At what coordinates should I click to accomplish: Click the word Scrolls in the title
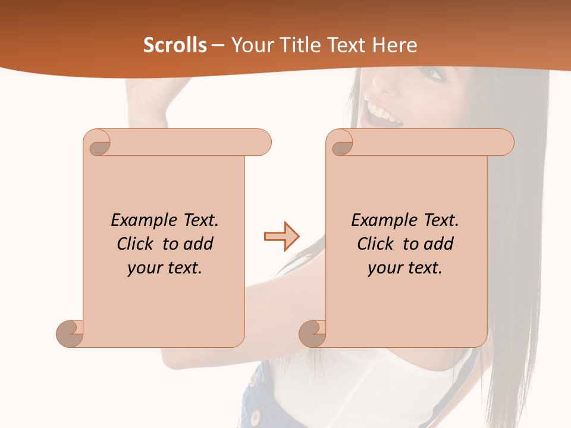click(175, 45)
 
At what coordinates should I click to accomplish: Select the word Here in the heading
click(395, 45)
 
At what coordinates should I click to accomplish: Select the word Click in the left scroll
click(137, 244)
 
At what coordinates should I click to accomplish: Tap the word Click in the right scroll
click(378, 244)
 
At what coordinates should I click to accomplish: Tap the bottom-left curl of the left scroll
click(70, 333)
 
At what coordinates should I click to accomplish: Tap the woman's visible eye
click(433, 73)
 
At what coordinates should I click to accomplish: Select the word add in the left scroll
click(199, 244)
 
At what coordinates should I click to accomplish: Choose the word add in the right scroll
click(439, 244)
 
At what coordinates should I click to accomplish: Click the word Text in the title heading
click(347, 45)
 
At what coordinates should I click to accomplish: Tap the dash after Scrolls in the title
click(218, 45)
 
